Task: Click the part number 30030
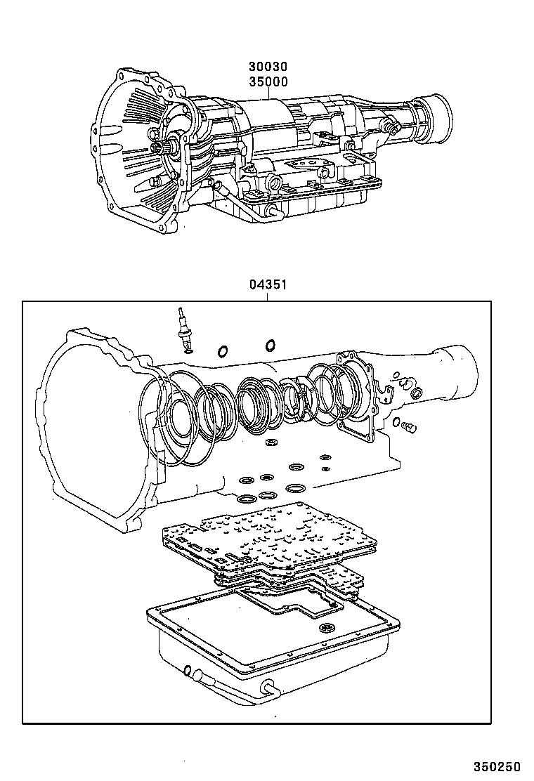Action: click(268, 67)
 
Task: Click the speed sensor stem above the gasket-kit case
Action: click(184, 331)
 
